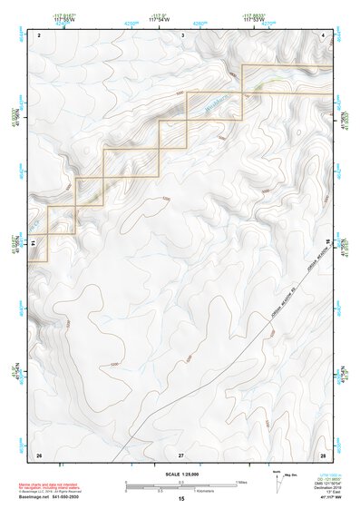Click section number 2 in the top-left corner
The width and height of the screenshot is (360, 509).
click(40, 34)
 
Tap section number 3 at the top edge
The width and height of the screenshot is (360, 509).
click(182, 34)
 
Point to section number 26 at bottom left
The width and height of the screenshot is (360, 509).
click(39, 454)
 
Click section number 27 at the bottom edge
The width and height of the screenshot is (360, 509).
click(181, 454)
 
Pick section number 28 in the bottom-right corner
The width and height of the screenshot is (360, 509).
click(322, 454)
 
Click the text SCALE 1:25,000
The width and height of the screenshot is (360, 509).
click(180, 474)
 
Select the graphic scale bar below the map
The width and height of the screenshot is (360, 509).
click(180, 485)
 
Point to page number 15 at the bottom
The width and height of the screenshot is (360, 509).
click(181, 500)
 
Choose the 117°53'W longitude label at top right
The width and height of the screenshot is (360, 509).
click(258, 18)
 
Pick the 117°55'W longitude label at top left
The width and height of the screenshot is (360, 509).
click(63, 18)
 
